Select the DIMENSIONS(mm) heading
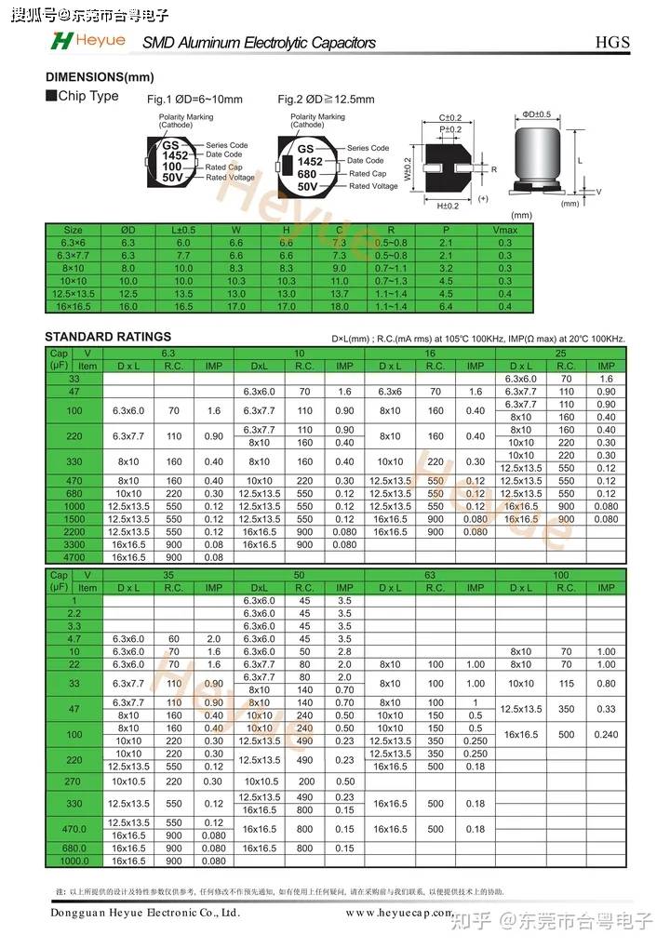pyautogui.click(x=100, y=77)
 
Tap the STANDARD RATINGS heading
pyautogui.click(x=108, y=336)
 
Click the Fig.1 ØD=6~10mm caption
pyautogui.click(x=194, y=100)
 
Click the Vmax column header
pyautogui.click(x=504, y=230)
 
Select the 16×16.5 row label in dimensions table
pyautogui.click(x=73, y=306)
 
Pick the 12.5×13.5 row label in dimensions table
pyautogui.click(x=73, y=293)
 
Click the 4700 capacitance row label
pyautogui.click(x=74, y=557)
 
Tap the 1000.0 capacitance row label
pyautogui.click(x=74, y=861)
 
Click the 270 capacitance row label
pyautogui.click(x=74, y=781)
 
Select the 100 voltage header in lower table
pyautogui.click(x=560, y=576)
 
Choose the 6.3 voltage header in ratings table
pyautogui.click(x=168, y=354)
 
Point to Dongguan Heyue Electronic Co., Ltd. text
pyautogui.click(x=145, y=913)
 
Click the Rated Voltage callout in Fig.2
pyautogui.click(x=373, y=186)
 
